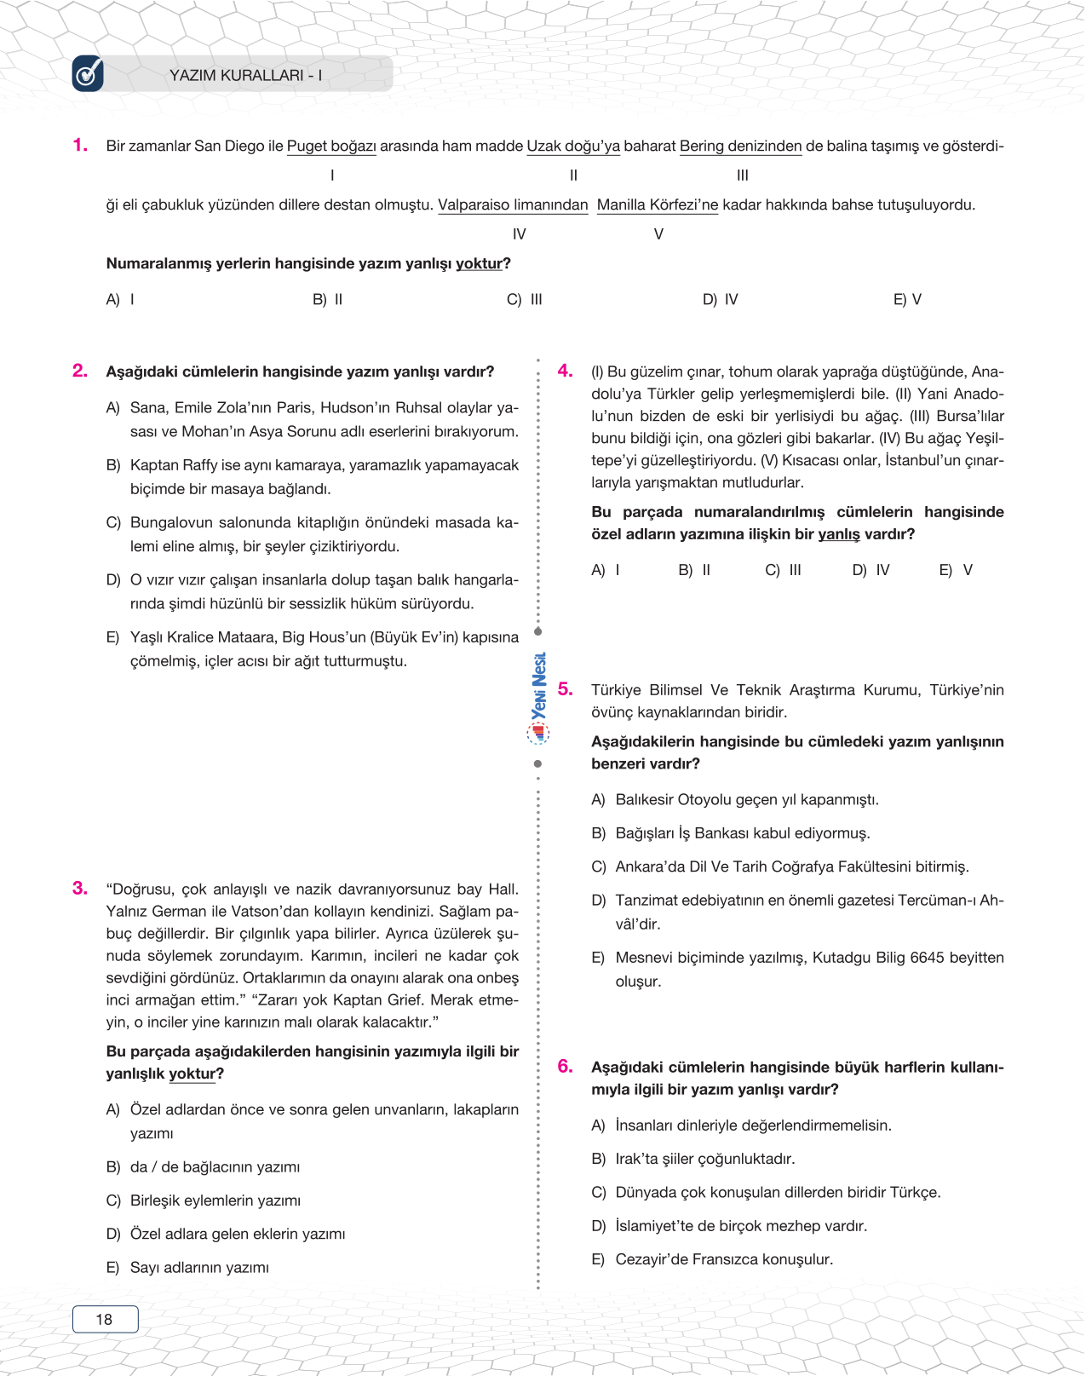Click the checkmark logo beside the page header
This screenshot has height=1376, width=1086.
(88, 74)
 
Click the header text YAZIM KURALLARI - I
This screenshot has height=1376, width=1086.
(245, 75)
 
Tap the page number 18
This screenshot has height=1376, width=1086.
(104, 1319)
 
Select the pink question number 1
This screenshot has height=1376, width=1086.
(80, 145)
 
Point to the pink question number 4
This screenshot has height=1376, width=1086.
(565, 370)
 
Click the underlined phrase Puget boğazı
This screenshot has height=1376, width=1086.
(331, 146)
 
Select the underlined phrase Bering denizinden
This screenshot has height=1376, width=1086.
(740, 146)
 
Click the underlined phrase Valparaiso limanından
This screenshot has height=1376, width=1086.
(513, 204)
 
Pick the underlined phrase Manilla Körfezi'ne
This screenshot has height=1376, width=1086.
(658, 204)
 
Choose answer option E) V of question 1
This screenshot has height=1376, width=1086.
(907, 299)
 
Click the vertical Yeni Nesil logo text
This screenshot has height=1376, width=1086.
(538, 687)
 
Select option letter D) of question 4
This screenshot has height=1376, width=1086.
(859, 570)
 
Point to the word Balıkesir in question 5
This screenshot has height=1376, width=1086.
(645, 799)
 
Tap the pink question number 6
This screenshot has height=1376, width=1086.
(565, 1066)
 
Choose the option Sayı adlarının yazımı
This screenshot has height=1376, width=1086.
(199, 1268)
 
